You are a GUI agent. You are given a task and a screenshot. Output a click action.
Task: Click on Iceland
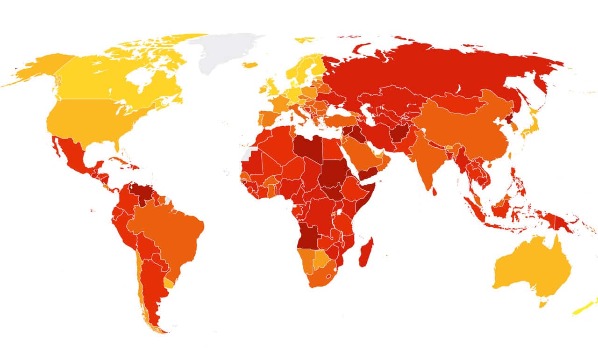coord(251,65)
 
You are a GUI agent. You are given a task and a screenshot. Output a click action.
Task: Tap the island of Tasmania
coord(543,304)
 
